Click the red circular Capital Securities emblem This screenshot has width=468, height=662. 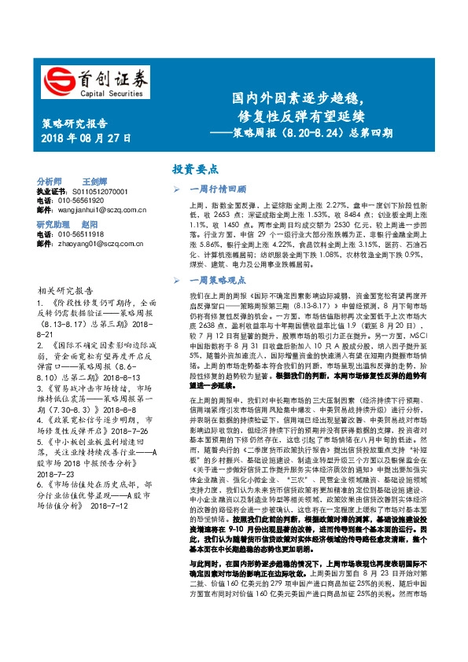(x=57, y=77)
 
